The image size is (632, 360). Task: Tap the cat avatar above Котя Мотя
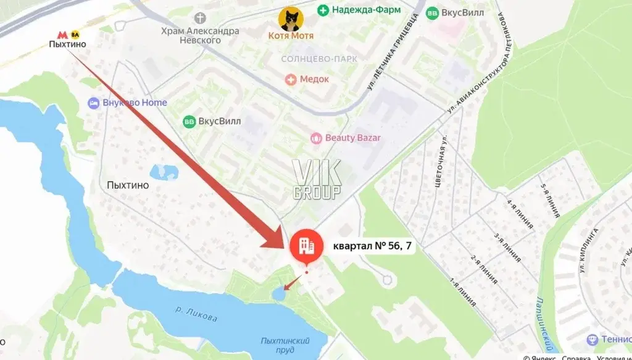point(291,19)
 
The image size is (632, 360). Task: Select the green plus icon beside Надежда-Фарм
point(323,10)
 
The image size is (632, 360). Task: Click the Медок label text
point(314,79)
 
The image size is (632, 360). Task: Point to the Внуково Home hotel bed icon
point(94,103)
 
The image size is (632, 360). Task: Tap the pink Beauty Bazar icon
point(316,138)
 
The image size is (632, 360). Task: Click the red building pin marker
point(307,246)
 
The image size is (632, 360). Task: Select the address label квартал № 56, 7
point(372,246)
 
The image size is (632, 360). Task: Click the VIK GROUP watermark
point(316,180)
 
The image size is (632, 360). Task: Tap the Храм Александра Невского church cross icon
point(199,17)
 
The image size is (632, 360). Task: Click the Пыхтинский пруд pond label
point(285,345)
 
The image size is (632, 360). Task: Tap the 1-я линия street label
point(463,293)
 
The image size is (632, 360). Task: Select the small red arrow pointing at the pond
point(291,285)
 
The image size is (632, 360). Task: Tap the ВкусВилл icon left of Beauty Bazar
point(189,121)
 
